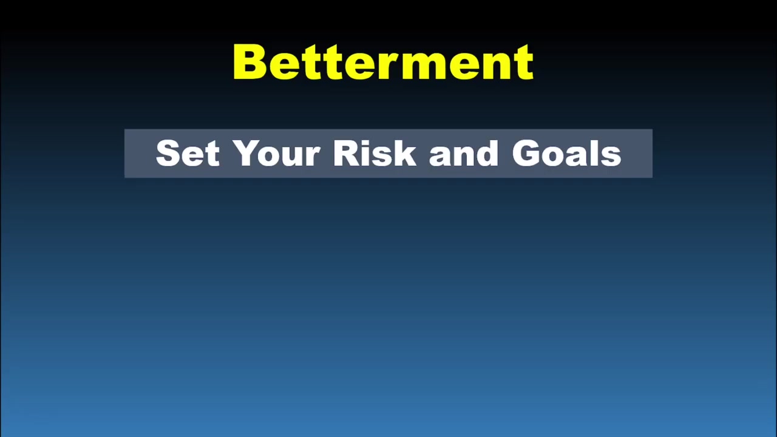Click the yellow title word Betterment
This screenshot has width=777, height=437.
click(383, 62)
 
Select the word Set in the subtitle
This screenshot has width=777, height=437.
click(187, 154)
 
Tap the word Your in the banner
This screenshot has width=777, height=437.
click(276, 154)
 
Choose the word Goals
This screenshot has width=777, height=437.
click(566, 154)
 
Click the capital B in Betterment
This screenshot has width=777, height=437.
click(249, 62)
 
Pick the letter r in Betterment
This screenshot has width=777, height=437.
click(379, 66)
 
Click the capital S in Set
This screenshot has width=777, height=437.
click(168, 154)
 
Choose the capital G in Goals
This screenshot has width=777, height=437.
click(527, 153)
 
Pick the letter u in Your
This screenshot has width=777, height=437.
click(294, 157)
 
